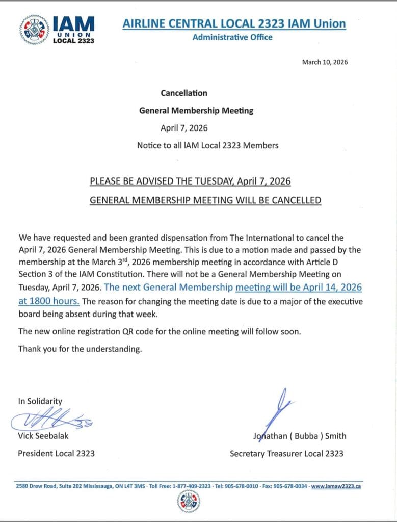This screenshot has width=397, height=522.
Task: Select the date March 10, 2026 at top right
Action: click(x=325, y=62)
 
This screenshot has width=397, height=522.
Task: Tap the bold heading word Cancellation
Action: click(x=184, y=93)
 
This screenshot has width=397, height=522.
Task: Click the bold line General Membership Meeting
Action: click(x=196, y=110)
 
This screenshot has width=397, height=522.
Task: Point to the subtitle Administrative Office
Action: click(x=232, y=37)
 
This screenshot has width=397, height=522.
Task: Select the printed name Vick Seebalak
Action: click(x=43, y=436)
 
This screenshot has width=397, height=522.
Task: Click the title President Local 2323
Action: click(x=57, y=453)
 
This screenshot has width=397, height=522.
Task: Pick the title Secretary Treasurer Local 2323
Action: click(x=286, y=453)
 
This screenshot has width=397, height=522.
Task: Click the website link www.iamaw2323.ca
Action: click(x=336, y=486)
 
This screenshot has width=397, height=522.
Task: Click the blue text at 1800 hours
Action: click(x=49, y=301)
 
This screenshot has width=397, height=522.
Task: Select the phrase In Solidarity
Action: click(x=40, y=401)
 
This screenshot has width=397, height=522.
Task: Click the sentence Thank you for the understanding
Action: click(x=80, y=349)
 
